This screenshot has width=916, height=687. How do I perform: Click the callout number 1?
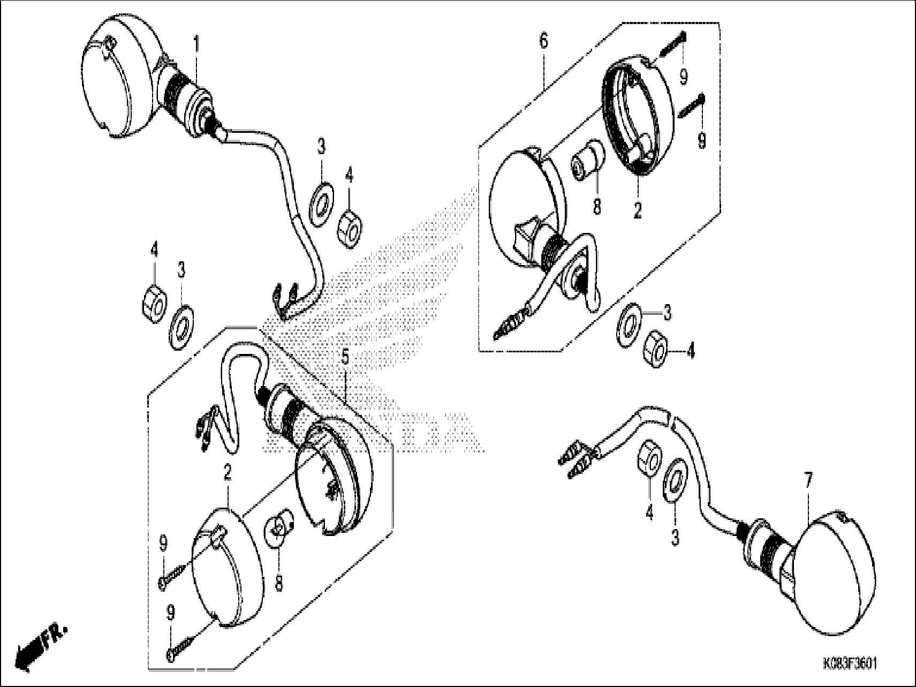click(x=196, y=43)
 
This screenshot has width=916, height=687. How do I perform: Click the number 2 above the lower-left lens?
click(x=228, y=473)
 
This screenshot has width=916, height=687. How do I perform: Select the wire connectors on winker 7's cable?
click(x=576, y=457)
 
